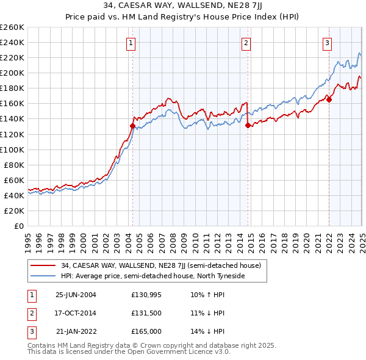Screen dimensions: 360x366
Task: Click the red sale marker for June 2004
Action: [x=132, y=126]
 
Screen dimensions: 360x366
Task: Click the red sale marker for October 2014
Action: [x=248, y=125]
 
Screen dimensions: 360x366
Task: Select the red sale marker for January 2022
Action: [x=329, y=99]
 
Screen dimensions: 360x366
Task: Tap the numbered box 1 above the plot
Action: [x=132, y=43]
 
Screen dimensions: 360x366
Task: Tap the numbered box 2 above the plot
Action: [x=245, y=43]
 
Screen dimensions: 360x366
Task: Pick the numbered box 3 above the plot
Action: [x=327, y=43]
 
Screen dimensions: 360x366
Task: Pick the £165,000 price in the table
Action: [x=145, y=331]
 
